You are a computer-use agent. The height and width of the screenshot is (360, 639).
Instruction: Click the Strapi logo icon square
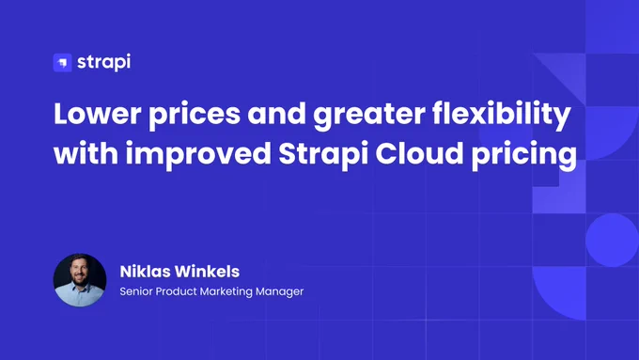tap(62, 63)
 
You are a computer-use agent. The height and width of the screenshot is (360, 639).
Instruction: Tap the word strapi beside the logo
tap(104, 62)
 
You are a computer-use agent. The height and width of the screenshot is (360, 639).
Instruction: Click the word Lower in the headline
tap(98, 114)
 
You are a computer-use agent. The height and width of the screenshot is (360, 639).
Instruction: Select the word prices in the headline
tap(195, 116)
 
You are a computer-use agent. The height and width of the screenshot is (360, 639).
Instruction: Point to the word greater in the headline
tap(369, 117)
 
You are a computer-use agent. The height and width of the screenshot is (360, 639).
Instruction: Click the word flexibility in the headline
tap(501, 116)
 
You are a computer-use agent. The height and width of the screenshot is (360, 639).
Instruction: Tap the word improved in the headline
tap(198, 156)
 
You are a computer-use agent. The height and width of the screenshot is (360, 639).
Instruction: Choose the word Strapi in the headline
tap(323, 156)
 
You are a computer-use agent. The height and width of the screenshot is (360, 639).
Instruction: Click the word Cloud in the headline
tap(419, 153)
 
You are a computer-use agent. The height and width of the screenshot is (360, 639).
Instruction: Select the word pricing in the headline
tap(524, 156)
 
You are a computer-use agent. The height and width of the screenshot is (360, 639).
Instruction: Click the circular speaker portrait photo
tap(80, 280)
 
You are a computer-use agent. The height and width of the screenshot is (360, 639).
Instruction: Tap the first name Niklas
tap(141, 272)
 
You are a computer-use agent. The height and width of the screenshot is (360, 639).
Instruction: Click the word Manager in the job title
tap(280, 292)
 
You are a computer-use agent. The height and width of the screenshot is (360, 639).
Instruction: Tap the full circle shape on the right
tap(612, 240)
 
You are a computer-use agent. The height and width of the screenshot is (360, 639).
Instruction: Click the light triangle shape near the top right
tap(569, 71)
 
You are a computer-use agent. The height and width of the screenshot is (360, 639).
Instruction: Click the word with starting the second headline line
tap(86, 153)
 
